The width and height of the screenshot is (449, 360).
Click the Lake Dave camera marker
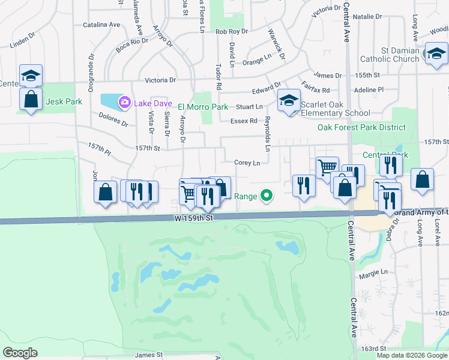[124, 103]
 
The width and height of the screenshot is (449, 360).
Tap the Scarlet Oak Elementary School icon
[289, 100]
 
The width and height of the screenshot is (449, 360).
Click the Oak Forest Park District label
[362, 128]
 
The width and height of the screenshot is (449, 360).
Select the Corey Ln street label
[247, 163]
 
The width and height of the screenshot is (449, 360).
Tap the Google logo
[20, 353]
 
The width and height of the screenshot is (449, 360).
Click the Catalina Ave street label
[101, 25]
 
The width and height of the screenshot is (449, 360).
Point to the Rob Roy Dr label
[231, 31]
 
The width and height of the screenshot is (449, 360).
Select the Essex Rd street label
[244, 121]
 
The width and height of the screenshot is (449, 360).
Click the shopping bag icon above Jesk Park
[31, 98]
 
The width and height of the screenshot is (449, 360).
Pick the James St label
[149, 355]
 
